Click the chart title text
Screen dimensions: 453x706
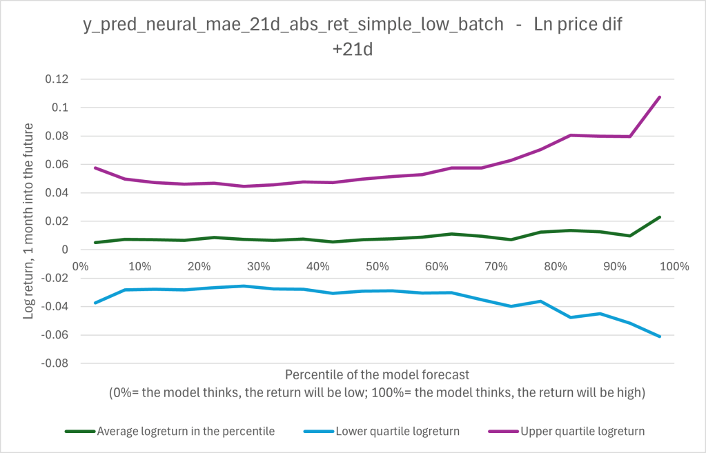pos(353,37)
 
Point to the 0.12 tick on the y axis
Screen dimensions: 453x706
pos(58,79)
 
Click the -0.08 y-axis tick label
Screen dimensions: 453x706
pos(56,363)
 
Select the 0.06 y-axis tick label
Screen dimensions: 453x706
pos(58,164)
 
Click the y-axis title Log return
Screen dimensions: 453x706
pos(29,221)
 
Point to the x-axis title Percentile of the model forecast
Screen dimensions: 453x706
pos(377,375)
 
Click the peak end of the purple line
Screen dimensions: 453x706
pos(660,97)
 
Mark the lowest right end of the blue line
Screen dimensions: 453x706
pos(660,336)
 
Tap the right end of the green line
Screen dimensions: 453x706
pos(660,217)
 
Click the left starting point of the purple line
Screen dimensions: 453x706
pos(95,168)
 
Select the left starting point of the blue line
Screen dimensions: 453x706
pos(95,303)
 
